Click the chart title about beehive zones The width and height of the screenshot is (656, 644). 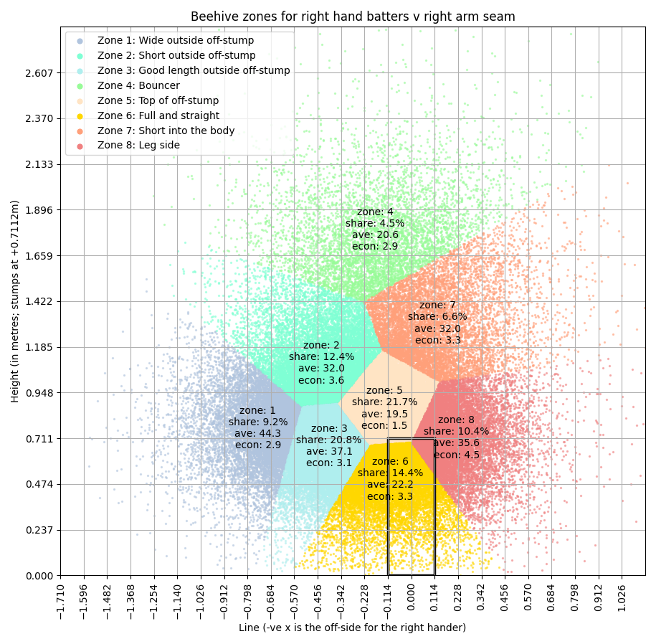click(353, 16)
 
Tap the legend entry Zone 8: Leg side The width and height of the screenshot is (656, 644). click(138, 145)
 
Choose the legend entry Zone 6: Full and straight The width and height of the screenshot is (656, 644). click(158, 115)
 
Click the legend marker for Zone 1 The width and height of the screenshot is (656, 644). click(80, 41)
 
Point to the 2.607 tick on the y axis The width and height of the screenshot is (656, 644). click(39, 73)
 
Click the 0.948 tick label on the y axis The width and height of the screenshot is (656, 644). click(39, 393)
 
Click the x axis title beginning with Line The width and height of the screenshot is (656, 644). click(352, 628)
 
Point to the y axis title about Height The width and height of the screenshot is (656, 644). click(15, 300)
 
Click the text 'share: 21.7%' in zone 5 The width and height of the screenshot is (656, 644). click(384, 402)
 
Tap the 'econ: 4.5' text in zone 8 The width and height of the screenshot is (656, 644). click(457, 455)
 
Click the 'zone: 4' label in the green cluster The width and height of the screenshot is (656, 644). click(375, 212)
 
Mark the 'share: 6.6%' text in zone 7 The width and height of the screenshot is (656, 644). click(437, 317)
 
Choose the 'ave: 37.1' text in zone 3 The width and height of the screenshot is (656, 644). click(329, 452)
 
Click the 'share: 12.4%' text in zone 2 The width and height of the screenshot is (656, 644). click(321, 357)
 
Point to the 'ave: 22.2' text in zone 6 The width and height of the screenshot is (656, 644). click(390, 485)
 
